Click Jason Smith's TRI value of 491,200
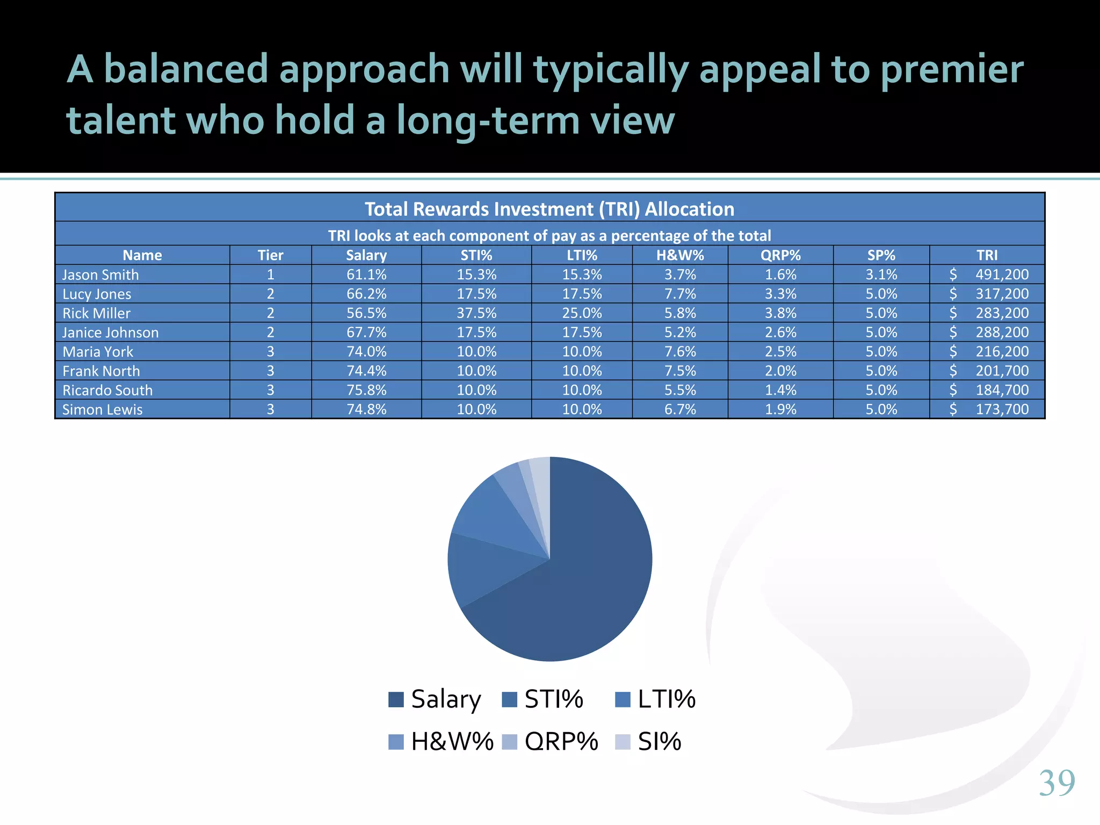coord(1001,274)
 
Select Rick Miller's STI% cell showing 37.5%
coord(476,313)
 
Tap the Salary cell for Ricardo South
coord(366,390)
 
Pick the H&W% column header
coord(680,255)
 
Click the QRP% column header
coord(780,255)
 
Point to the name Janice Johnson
coord(111,332)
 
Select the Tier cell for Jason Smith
coord(270,274)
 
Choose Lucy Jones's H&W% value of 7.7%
coord(680,294)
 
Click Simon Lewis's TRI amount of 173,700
coord(1001,409)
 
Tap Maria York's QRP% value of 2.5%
coord(780,352)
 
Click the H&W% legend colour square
coord(396,742)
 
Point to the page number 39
coord(1056,783)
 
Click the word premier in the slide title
coord(952,70)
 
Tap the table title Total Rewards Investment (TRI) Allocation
coord(549,209)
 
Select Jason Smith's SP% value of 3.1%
coord(881,274)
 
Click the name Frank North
coord(101,371)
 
